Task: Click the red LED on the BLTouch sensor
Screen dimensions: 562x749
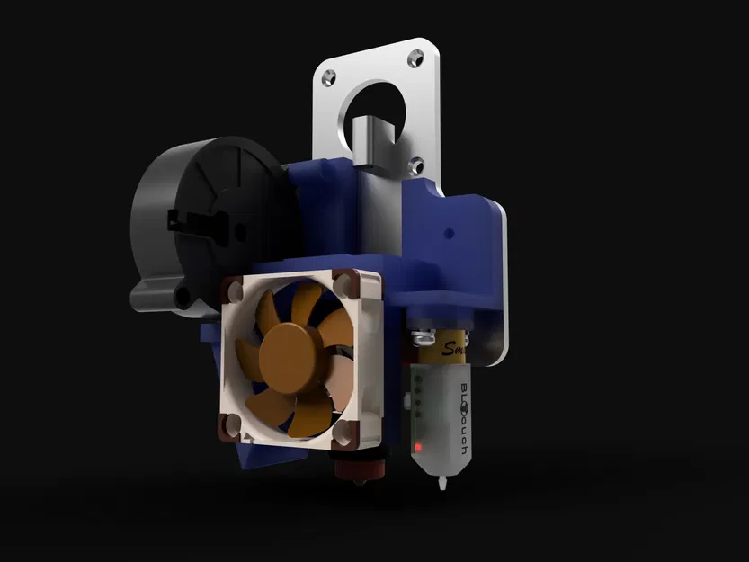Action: (x=418, y=446)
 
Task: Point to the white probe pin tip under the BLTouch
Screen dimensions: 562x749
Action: (x=443, y=486)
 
